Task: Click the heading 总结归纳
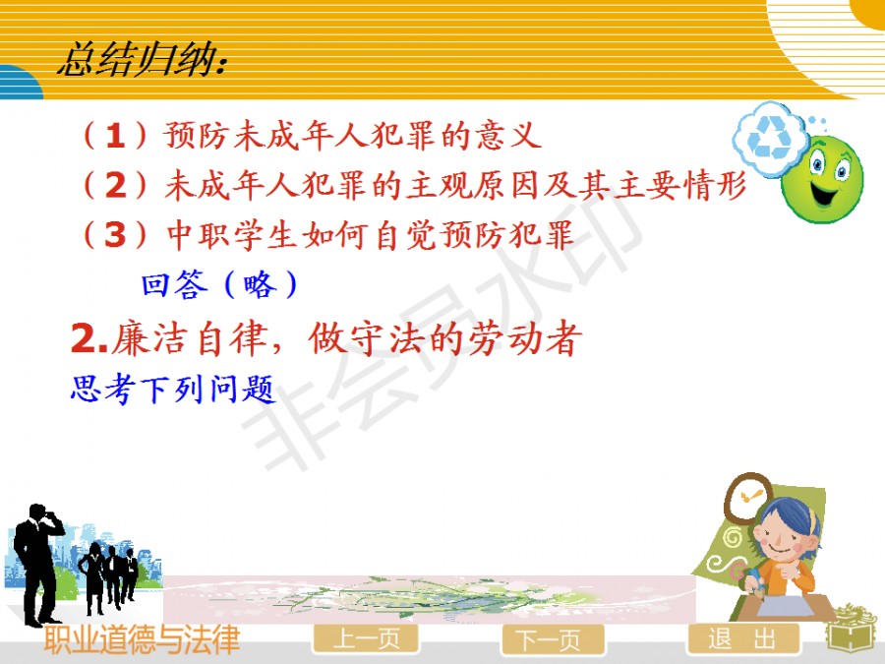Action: click(x=143, y=60)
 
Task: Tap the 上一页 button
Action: click(x=366, y=639)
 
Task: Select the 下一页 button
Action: click(x=552, y=639)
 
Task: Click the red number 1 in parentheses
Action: click(x=115, y=136)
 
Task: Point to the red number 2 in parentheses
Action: click(x=116, y=185)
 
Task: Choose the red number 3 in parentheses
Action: click(x=116, y=234)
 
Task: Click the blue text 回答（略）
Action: click(x=219, y=284)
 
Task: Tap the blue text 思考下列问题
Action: click(x=173, y=389)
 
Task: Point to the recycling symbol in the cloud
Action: click(x=769, y=136)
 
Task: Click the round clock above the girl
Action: click(x=750, y=497)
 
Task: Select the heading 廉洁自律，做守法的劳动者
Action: click(x=326, y=338)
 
